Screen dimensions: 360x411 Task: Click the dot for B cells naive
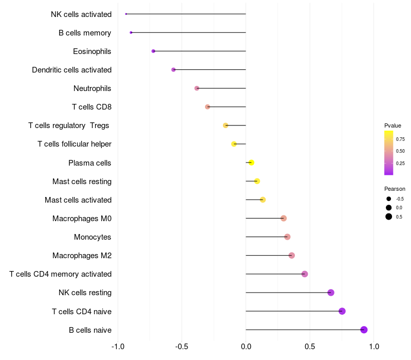[364, 330]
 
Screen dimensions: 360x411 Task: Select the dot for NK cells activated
[126, 14]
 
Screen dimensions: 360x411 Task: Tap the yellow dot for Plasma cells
[251, 163]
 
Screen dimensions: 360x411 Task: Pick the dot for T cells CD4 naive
[342, 311]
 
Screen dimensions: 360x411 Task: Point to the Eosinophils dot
[153, 51]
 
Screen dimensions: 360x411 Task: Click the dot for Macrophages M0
[284, 218]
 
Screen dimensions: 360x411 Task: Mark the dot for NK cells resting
[331, 293]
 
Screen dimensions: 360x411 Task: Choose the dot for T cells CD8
[208, 107]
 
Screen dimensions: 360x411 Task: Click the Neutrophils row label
[92, 88]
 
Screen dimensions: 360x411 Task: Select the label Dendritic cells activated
[71, 70]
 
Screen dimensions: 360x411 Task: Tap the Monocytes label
[92, 237]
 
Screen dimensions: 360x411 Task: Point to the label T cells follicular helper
[74, 144]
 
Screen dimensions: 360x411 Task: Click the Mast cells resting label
[82, 182]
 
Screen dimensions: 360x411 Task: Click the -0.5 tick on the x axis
[182, 347]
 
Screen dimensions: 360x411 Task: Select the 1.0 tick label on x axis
[374, 347]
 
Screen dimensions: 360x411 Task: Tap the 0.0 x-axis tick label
[246, 347]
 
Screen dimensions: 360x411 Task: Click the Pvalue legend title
[393, 125]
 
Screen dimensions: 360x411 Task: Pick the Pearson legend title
[395, 189]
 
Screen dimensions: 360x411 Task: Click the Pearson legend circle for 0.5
[389, 217]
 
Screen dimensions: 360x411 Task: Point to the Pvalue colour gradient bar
[389, 153]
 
